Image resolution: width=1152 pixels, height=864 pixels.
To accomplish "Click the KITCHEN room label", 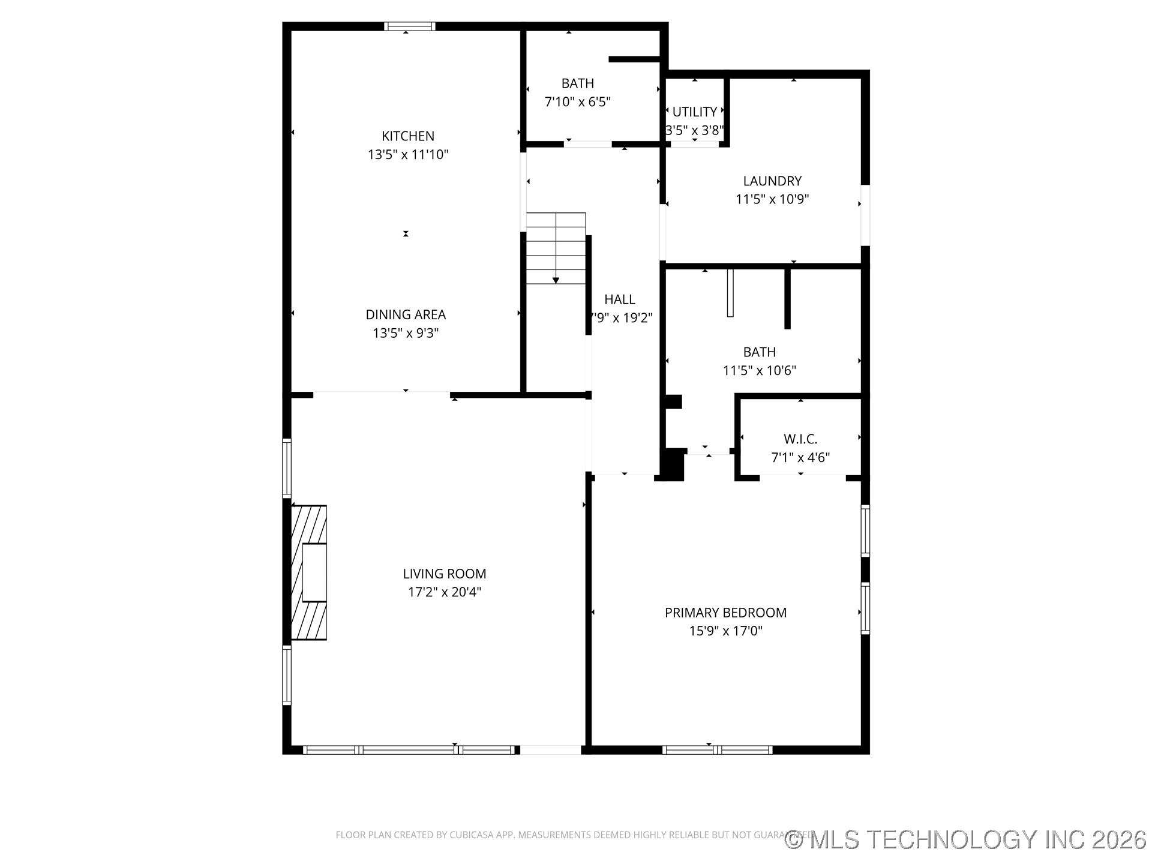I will tap(408, 136).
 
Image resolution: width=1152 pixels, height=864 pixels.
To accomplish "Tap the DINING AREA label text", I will tap(406, 314).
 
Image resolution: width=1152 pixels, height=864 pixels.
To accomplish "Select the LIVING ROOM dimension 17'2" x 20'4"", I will tap(445, 592).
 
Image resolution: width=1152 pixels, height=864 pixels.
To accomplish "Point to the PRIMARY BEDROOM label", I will tap(725, 613).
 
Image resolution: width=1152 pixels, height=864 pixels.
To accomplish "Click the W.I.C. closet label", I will tap(800, 439).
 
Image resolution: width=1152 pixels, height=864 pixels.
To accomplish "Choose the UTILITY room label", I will tap(694, 112).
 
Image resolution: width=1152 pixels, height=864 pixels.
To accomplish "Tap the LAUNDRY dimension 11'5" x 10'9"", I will tap(772, 199).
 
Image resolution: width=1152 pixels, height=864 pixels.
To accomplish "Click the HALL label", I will tap(619, 299).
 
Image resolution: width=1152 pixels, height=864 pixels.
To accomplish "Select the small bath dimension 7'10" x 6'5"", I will tap(577, 102).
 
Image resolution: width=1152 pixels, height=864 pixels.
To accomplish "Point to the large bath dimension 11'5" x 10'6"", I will tap(759, 371).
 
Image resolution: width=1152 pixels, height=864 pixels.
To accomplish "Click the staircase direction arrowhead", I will tap(556, 280).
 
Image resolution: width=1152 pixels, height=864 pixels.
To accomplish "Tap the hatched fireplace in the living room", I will tap(309, 572).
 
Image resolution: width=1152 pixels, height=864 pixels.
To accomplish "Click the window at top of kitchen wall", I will tap(410, 26).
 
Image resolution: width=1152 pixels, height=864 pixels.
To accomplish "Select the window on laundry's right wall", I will tap(865, 215).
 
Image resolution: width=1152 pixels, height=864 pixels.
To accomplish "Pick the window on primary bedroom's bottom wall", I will tap(717, 749).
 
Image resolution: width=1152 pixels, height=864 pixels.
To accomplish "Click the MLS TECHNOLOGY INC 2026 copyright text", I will tap(966, 839).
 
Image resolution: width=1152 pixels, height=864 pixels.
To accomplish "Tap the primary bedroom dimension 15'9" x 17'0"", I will tap(725, 631).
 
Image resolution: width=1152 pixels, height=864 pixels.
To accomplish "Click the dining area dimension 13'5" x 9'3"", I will tap(406, 333).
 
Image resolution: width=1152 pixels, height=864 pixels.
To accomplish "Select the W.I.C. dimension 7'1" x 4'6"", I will tap(800, 458).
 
